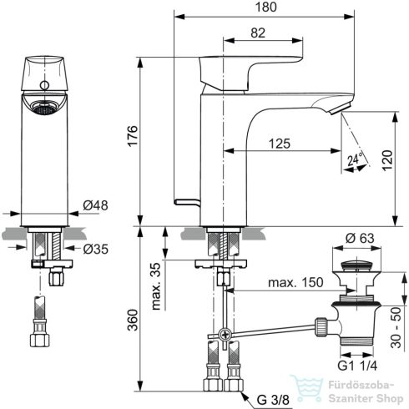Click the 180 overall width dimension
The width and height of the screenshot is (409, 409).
265,7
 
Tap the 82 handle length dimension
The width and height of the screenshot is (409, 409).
258,33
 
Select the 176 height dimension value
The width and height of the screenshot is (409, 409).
133,136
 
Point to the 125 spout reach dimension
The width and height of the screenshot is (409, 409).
280,144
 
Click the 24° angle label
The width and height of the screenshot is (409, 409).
356,159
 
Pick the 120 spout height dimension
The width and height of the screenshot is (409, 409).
387,160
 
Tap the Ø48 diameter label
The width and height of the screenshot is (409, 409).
95,205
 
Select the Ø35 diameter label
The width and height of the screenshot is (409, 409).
95,249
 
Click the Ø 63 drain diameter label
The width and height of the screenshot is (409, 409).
360,238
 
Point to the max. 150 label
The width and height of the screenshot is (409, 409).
295,282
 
